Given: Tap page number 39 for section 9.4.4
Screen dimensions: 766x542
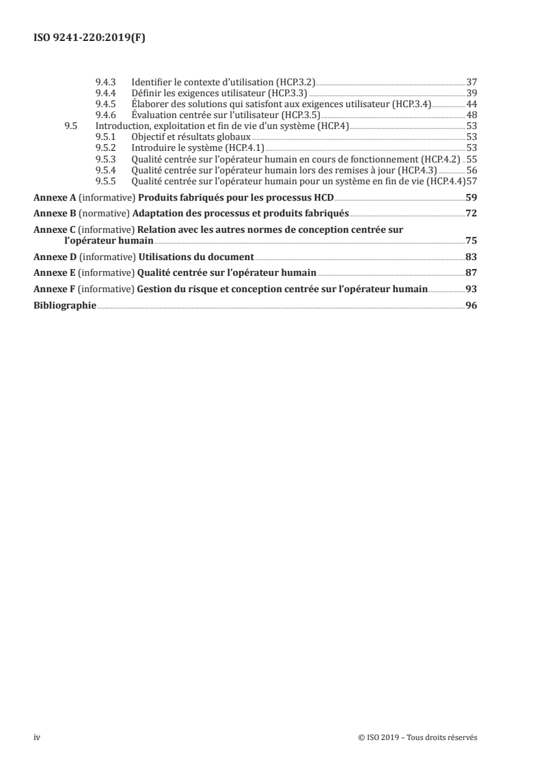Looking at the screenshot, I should point(471,93).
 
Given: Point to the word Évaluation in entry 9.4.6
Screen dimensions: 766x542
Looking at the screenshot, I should point(152,115).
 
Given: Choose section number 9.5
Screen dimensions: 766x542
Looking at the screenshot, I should point(71,126).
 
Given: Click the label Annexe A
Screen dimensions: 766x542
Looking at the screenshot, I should point(55,198).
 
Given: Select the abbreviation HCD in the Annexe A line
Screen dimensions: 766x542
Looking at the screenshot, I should point(321,198).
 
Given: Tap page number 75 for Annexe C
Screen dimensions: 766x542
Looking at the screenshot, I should point(471,240).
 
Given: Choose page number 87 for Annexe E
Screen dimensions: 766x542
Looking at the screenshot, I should point(471,273).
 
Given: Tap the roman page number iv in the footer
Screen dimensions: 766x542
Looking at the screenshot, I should point(37,737).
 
